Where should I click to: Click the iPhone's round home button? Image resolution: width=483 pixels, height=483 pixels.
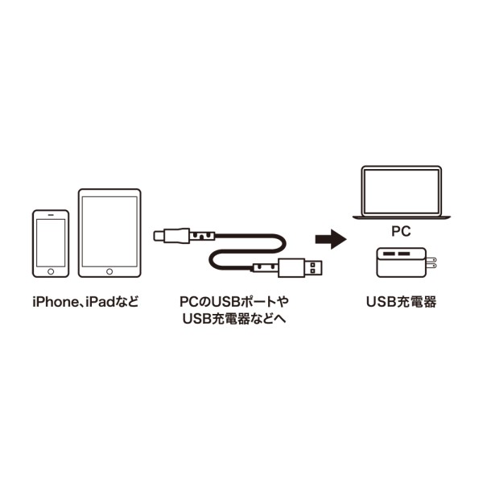(51, 273)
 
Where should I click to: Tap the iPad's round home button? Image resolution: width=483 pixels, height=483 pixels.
(109, 272)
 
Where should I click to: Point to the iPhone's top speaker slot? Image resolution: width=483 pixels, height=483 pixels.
(51, 216)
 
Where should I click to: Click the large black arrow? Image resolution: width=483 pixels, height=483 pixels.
(329, 238)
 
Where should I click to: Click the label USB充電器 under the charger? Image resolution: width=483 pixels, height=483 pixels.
(401, 303)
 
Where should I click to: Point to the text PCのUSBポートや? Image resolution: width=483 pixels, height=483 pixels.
(234, 302)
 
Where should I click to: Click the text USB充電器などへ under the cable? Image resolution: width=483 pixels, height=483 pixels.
(234, 320)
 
